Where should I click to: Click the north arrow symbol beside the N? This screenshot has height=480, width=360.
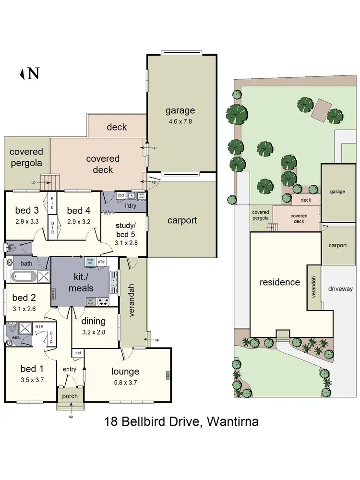[x=22, y=73]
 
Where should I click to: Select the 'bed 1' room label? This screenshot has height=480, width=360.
[x=28, y=369]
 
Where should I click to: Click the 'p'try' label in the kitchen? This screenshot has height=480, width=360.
[x=101, y=262]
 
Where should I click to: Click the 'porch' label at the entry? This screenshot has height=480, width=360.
[x=70, y=396]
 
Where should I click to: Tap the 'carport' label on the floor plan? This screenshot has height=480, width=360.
[x=182, y=220]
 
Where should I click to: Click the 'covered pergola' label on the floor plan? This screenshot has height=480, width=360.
[x=26, y=157]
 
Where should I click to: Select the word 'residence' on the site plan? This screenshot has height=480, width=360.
[x=280, y=282]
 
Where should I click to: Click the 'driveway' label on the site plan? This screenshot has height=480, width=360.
[x=340, y=288]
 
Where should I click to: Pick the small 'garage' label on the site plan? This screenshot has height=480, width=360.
[x=337, y=192]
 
